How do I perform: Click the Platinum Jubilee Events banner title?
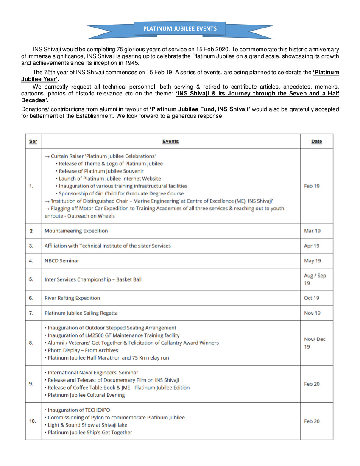coord(180,29)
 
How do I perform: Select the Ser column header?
coord(33,141)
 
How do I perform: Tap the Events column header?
coord(170,141)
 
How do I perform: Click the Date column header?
coord(316,141)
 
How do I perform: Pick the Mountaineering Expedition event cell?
coord(76,231)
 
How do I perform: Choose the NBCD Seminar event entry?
coord(62,261)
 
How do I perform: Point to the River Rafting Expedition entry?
coord(73,298)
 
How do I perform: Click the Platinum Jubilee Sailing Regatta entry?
coord(81,313)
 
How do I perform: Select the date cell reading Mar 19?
coord(312,231)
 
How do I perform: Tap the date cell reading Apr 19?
coord(312,246)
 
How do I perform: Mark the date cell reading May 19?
coord(313,261)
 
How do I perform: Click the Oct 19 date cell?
coord(312,298)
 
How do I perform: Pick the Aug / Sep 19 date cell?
coord(315,279)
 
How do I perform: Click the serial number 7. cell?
coord(31,313)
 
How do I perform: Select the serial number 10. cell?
coord(33,421)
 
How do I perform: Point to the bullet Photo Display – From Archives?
coord(83,350)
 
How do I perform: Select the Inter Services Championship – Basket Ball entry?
coord(93,279)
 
